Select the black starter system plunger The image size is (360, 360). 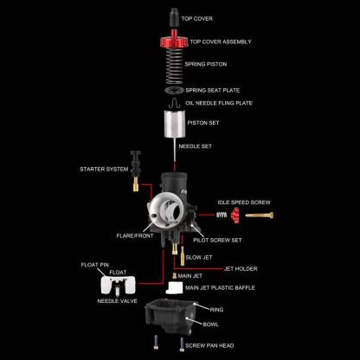coord(136,164)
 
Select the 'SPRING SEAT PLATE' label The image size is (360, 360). coord(213,89)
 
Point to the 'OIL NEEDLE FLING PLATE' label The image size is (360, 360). coord(218,103)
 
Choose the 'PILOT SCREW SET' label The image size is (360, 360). coord(217,240)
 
